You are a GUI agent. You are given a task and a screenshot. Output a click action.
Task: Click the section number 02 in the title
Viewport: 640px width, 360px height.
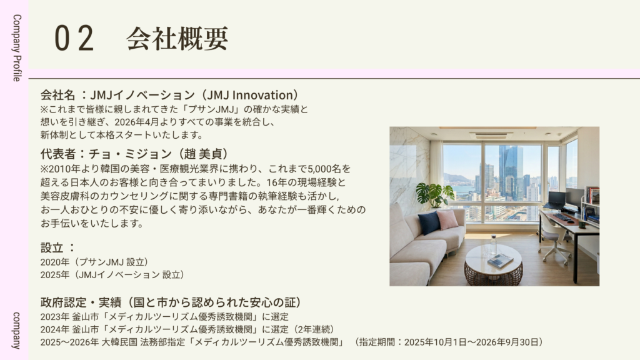(74, 38)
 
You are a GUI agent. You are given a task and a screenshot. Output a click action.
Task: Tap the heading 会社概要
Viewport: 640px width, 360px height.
(177, 39)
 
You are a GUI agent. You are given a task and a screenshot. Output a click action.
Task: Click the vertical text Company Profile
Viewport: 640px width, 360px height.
(17, 47)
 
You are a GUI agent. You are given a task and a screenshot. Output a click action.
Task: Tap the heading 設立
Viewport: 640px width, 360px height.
(52, 247)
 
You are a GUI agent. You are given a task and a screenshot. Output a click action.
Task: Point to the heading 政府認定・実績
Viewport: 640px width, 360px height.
(81, 302)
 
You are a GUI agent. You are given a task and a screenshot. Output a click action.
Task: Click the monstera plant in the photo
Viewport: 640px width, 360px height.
(435, 194)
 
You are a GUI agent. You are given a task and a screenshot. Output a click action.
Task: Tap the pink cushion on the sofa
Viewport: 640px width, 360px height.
(447, 219)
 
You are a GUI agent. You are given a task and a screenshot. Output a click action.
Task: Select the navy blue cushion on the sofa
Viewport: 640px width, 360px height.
(429, 222)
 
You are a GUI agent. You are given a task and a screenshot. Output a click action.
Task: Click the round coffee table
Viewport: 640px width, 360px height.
(494, 264)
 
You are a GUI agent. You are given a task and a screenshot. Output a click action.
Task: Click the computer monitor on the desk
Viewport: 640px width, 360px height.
(574, 198)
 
